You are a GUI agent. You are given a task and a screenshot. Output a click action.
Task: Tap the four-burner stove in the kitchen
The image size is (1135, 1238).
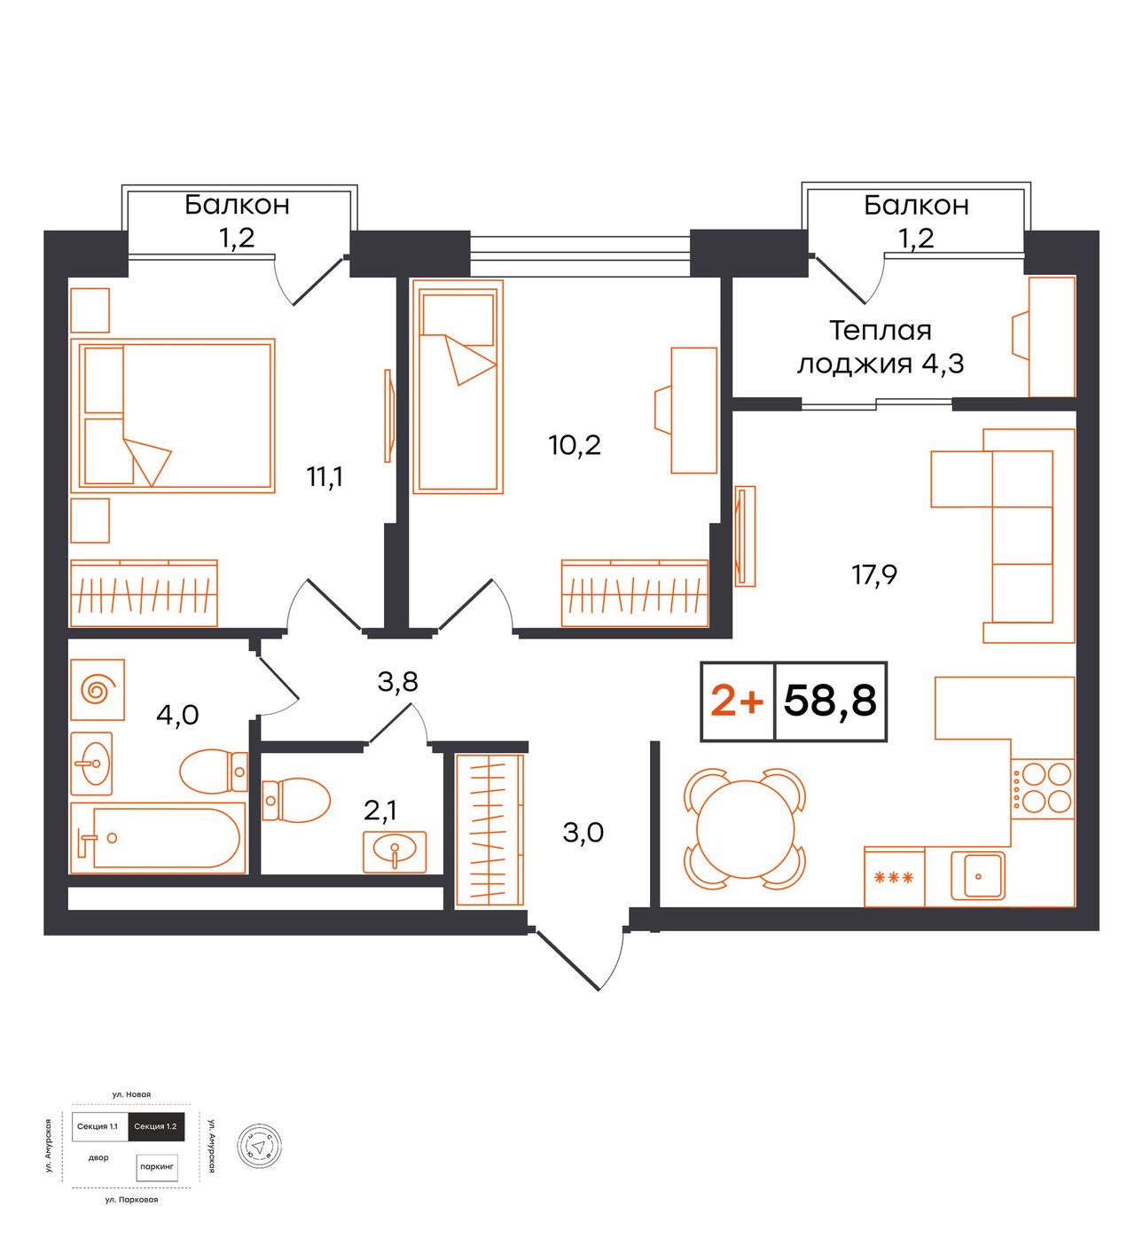click(x=1042, y=788)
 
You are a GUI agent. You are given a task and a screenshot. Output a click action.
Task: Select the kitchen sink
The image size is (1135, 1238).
click(x=977, y=875)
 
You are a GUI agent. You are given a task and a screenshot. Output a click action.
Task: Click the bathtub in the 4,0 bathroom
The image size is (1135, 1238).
click(x=158, y=837)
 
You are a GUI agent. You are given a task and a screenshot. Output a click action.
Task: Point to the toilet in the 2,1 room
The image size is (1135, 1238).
click(x=295, y=800)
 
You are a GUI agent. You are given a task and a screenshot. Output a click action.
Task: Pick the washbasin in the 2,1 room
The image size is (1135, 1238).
click(x=395, y=851)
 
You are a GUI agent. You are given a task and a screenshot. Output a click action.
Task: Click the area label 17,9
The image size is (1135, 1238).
click(x=874, y=575)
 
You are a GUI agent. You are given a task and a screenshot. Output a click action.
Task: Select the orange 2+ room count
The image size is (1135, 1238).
click(x=737, y=701)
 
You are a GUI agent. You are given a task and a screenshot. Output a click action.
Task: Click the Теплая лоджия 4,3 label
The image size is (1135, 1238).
click(x=881, y=347)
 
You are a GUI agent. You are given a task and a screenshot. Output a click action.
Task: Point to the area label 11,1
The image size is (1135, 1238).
click(x=325, y=477)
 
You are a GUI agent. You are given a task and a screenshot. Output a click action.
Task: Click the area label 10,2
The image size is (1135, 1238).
click(x=575, y=444)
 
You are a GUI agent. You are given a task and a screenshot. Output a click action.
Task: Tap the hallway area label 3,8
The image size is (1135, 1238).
click(x=397, y=681)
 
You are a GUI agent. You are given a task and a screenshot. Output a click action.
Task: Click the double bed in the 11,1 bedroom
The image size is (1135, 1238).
click(x=173, y=415)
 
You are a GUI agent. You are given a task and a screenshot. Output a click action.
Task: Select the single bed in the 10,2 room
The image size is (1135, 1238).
click(x=458, y=387)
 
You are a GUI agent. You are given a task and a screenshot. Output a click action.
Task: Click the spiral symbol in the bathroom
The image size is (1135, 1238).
click(x=98, y=689)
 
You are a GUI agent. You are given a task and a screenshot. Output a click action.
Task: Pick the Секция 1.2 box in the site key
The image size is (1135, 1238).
click(x=155, y=1126)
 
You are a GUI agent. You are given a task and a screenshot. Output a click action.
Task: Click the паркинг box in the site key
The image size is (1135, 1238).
click(x=157, y=1167)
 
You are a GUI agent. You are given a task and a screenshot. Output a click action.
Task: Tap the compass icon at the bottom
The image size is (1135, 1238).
click(x=259, y=1147)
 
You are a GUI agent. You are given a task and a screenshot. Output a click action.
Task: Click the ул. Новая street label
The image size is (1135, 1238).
click(x=131, y=1094)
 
